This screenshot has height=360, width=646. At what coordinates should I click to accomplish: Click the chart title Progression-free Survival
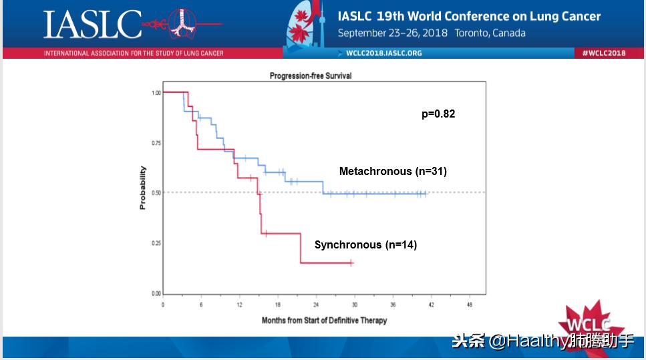[311, 76]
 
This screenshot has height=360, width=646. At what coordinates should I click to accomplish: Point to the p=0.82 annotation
[438, 114]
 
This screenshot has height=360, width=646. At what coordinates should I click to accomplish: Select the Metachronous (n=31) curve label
[393, 172]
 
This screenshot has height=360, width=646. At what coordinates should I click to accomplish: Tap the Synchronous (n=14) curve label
[365, 245]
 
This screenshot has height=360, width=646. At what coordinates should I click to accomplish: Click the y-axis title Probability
[142, 188]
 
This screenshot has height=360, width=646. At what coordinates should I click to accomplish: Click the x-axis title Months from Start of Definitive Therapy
[324, 321]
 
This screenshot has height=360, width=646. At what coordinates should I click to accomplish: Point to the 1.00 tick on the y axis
[156, 93]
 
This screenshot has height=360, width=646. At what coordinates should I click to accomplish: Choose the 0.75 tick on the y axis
[156, 143]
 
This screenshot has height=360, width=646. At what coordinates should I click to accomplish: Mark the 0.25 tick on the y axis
[156, 243]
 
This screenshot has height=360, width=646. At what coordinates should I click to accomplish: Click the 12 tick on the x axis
[240, 305]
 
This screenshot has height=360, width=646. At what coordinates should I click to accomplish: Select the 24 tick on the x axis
[316, 305]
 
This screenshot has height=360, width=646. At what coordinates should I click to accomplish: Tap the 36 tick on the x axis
[393, 305]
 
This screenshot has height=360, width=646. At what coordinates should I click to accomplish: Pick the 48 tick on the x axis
[470, 305]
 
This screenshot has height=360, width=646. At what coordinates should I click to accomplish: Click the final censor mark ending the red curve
[351, 263]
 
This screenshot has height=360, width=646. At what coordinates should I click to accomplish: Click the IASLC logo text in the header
[93, 24]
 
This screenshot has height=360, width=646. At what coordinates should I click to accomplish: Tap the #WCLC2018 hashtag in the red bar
[603, 53]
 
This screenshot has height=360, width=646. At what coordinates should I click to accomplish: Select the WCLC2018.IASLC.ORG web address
[383, 53]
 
